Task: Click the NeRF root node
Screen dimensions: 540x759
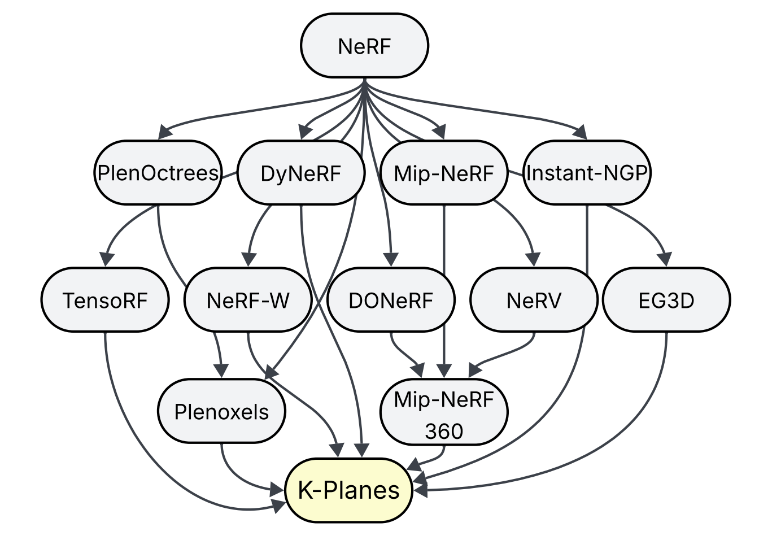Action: tap(364, 46)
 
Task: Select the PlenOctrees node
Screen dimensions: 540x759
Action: tap(158, 173)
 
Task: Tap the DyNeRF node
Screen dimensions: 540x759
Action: tap(300, 173)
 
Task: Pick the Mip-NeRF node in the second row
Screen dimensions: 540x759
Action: tap(444, 173)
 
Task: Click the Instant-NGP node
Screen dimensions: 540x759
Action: tap(587, 173)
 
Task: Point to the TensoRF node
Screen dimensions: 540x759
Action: tap(105, 300)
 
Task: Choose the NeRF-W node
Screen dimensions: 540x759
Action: tap(248, 300)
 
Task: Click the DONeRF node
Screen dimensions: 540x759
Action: tap(391, 300)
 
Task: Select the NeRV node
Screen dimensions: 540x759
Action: tap(534, 300)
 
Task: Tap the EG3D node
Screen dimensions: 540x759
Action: tap(666, 300)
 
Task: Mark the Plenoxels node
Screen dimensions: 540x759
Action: tap(221, 412)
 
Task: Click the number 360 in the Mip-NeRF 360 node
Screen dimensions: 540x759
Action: tap(444, 432)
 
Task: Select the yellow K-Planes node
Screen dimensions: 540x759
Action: tap(349, 490)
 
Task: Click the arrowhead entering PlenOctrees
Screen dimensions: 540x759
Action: tap(164, 133)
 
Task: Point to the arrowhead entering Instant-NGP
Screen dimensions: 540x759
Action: tap(580, 133)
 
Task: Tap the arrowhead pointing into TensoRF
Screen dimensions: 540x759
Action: tap(106, 260)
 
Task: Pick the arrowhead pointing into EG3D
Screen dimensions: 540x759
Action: tap(666, 260)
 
